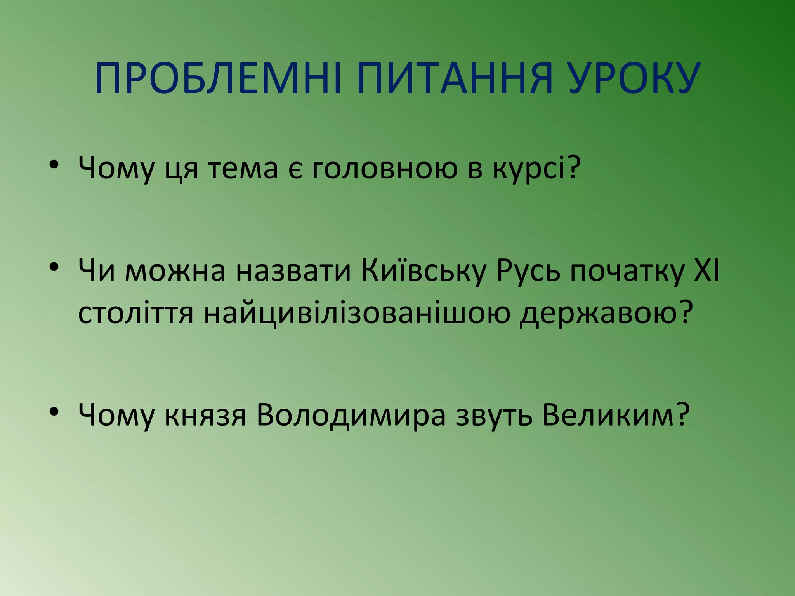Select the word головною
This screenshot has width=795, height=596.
click(385, 168)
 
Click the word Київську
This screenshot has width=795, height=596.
click(424, 270)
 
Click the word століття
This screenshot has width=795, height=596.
click(135, 313)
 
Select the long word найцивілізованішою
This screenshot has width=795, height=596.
click(357, 313)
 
